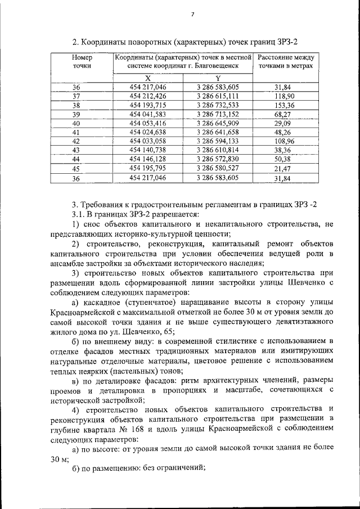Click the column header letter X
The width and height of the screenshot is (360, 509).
(147, 78)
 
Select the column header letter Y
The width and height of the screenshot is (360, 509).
(218, 78)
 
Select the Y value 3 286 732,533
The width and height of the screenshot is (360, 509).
(218, 105)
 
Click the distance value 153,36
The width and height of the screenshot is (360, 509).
(285, 106)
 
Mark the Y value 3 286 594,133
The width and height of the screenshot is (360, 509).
(218, 141)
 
